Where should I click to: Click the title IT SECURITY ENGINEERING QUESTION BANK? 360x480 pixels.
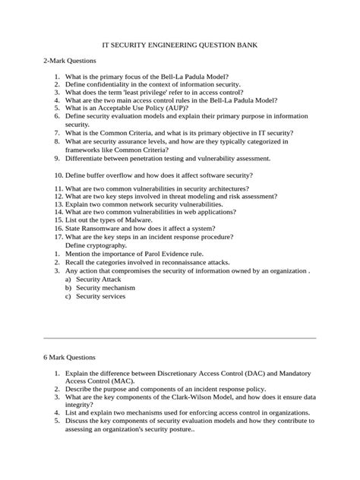tap(180, 46)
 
